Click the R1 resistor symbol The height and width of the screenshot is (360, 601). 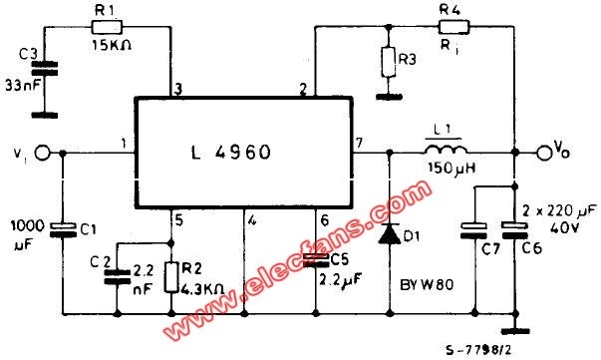click(x=107, y=27)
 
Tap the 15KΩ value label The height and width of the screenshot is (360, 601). click(x=112, y=46)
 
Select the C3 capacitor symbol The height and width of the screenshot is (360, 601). click(x=45, y=68)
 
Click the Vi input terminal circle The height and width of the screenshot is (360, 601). click(x=42, y=153)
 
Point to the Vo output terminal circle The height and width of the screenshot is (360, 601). click(x=543, y=153)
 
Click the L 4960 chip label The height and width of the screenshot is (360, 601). click(x=231, y=153)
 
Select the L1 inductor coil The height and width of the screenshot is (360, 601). click(x=446, y=150)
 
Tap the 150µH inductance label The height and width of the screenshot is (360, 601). click(x=452, y=168)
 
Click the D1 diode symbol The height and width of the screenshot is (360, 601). click(x=390, y=233)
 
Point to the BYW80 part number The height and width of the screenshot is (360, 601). click(x=427, y=285)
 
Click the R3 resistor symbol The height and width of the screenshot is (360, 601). click(x=389, y=62)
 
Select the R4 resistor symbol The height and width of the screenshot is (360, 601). click(x=453, y=27)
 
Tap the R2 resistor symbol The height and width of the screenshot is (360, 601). click(x=171, y=277)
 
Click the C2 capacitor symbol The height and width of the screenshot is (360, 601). click(x=117, y=277)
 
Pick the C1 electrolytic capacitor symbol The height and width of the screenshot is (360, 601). click(x=64, y=230)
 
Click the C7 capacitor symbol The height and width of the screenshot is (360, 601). click(x=474, y=230)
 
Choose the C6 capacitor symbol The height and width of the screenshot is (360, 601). click(x=515, y=230)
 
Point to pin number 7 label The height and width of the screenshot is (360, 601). click(x=359, y=143)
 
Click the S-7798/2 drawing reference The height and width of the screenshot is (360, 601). click(x=478, y=349)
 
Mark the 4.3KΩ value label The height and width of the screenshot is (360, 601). click(x=202, y=288)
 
